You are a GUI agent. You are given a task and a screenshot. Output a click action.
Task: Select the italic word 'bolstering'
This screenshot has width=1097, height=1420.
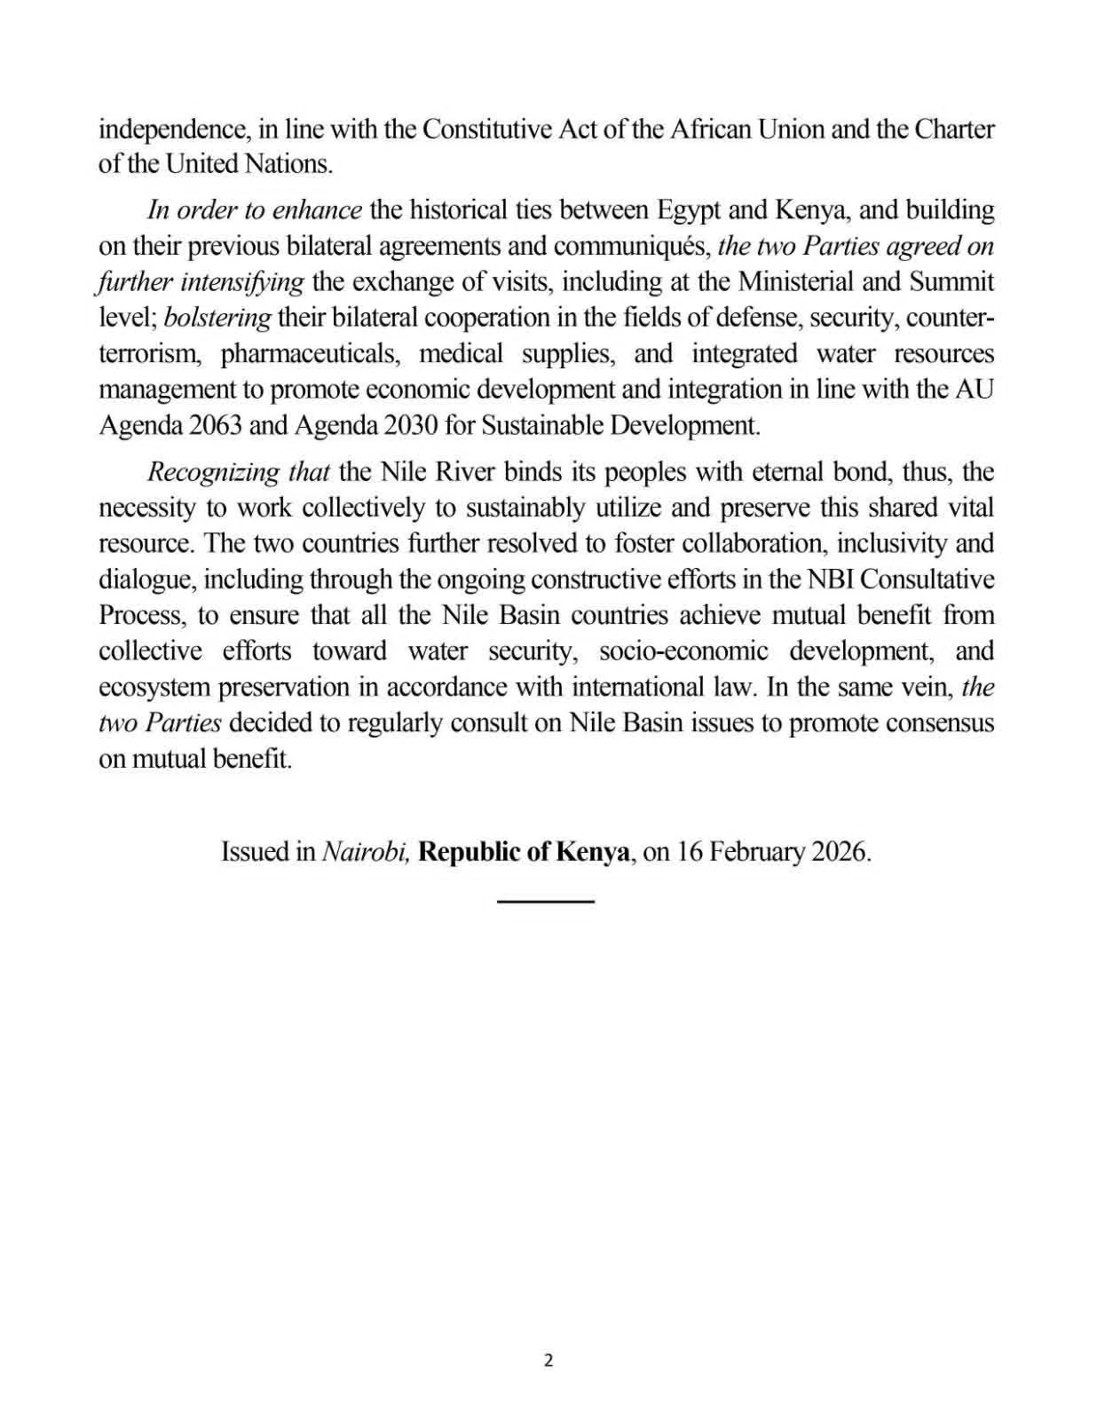pyautogui.click(x=217, y=318)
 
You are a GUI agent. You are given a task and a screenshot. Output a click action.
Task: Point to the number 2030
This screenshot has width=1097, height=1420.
pyautogui.click(x=411, y=425)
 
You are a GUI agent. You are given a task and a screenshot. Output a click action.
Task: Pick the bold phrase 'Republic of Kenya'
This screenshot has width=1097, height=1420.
pyautogui.click(x=525, y=852)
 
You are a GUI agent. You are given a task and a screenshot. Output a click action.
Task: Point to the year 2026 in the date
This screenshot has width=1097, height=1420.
pyautogui.click(x=838, y=852)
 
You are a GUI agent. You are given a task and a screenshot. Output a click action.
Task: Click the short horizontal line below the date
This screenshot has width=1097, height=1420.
pyautogui.click(x=545, y=902)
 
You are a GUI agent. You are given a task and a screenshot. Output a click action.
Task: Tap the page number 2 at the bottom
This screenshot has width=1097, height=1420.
pyautogui.click(x=548, y=1361)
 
